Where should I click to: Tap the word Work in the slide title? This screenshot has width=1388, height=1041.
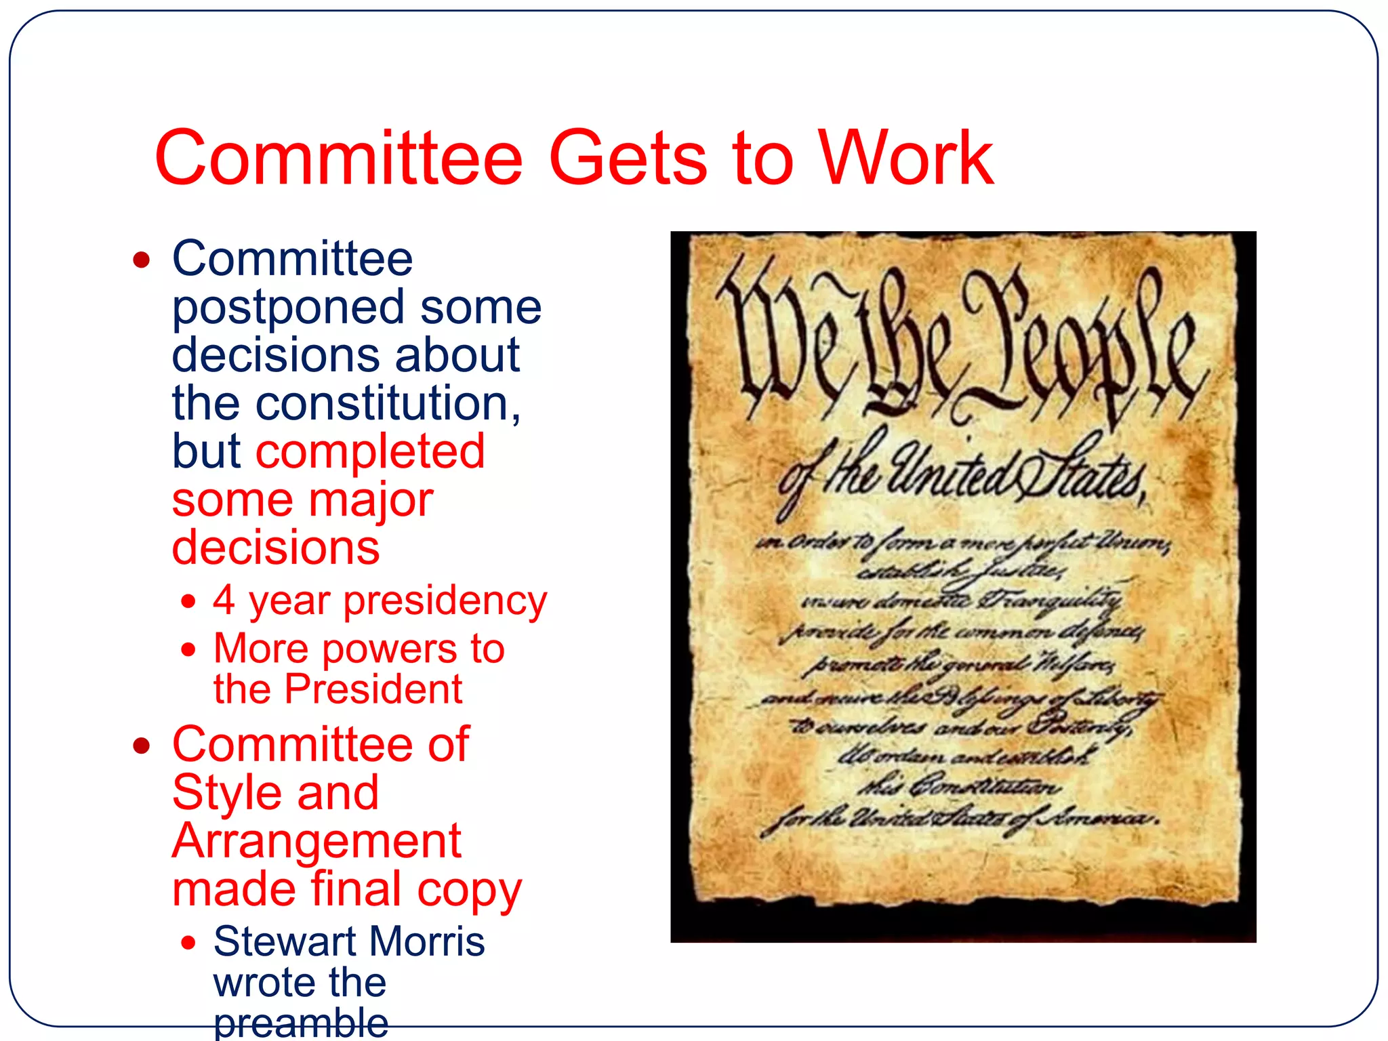tap(906, 159)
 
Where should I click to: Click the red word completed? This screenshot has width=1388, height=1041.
tap(370, 451)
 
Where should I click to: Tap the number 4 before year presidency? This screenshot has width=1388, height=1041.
tap(224, 600)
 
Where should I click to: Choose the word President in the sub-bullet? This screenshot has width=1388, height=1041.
tap(373, 689)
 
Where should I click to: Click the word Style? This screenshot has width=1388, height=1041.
tap(227, 793)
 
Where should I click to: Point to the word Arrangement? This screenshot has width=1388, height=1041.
tap(317, 841)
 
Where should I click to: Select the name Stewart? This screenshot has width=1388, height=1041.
tap(285, 941)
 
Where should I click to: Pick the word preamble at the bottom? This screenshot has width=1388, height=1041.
tap(301, 1023)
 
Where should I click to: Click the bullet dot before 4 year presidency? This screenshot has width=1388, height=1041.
tap(188, 601)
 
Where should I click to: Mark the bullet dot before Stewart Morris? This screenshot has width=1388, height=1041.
tap(188, 942)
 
